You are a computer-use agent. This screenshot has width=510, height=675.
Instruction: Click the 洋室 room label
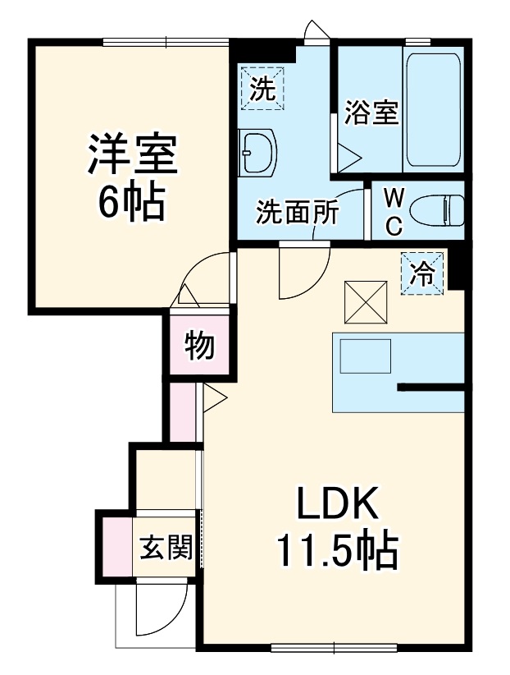[x=133, y=156]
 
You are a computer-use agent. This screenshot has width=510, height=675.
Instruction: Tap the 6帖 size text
[x=132, y=201]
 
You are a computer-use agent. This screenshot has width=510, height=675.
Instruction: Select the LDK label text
[x=337, y=504]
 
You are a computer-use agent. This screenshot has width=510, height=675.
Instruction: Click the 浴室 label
[x=371, y=113]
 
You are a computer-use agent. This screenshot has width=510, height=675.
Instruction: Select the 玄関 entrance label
[x=165, y=548]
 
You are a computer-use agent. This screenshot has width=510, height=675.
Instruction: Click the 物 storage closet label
[x=199, y=346]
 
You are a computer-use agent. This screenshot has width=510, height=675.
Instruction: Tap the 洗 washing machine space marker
[x=262, y=88]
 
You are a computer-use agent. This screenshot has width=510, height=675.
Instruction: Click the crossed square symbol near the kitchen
[x=364, y=301]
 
